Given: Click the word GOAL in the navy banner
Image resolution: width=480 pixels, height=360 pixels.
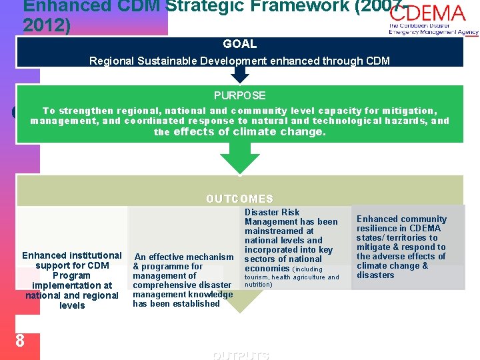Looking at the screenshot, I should click(x=240, y=44).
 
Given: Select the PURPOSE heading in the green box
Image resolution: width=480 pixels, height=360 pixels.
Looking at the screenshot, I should click(x=240, y=95).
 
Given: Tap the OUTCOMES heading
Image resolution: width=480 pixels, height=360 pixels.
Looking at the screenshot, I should click(x=240, y=199).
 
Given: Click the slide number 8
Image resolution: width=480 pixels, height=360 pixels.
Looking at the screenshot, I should click(x=20, y=341).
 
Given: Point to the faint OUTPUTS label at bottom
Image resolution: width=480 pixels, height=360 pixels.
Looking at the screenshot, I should click(x=241, y=355).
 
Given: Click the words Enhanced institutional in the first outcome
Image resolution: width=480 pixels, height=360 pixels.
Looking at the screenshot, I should click(x=72, y=255).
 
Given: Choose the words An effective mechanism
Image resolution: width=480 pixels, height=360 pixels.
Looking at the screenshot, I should click(x=184, y=257).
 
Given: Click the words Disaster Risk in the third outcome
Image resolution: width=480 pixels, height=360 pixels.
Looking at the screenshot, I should click(x=272, y=212).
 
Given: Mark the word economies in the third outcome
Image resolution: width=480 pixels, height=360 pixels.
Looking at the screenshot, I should click(x=267, y=268).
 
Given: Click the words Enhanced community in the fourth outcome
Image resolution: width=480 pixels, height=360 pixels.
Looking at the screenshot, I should click(x=401, y=219).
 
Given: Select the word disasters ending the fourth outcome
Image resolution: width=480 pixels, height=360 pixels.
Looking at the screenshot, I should click(x=375, y=275).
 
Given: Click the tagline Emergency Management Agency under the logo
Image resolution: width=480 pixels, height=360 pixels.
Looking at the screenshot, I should click(x=433, y=32).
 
